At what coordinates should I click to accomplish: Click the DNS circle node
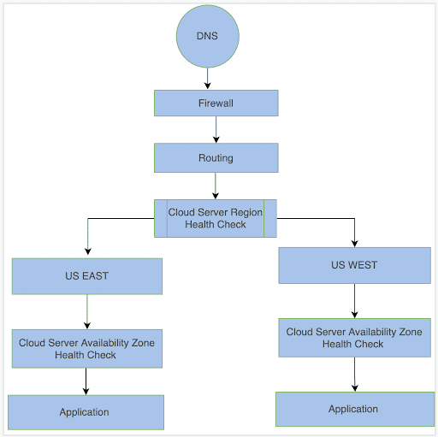coord(207,37)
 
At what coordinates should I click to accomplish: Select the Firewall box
coord(216,103)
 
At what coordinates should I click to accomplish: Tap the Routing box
coord(216,157)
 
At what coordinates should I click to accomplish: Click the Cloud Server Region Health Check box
coord(216,218)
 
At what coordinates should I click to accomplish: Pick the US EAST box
coord(86,276)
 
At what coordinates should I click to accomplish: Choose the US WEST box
coord(354,265)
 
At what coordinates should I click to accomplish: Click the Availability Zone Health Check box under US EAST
coord(86,348)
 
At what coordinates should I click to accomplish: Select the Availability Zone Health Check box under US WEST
coord(354,337)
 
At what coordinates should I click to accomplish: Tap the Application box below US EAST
coord(86,412)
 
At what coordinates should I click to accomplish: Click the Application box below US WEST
coord(353,409)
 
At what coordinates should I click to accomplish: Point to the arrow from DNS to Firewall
coord(207,79)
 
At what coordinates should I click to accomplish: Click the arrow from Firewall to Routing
coord(216,129)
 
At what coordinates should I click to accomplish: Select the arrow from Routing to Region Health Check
coord(216,186)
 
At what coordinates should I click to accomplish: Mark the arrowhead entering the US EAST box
coord(86,254)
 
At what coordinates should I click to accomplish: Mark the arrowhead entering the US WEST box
coord(354,243)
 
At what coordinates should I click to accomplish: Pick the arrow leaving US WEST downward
coord(354,300)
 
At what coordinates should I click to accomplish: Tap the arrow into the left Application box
coord(86,382)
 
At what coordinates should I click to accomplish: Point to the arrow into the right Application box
coord(354,375)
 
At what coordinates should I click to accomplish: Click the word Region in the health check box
coord(246,212)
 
